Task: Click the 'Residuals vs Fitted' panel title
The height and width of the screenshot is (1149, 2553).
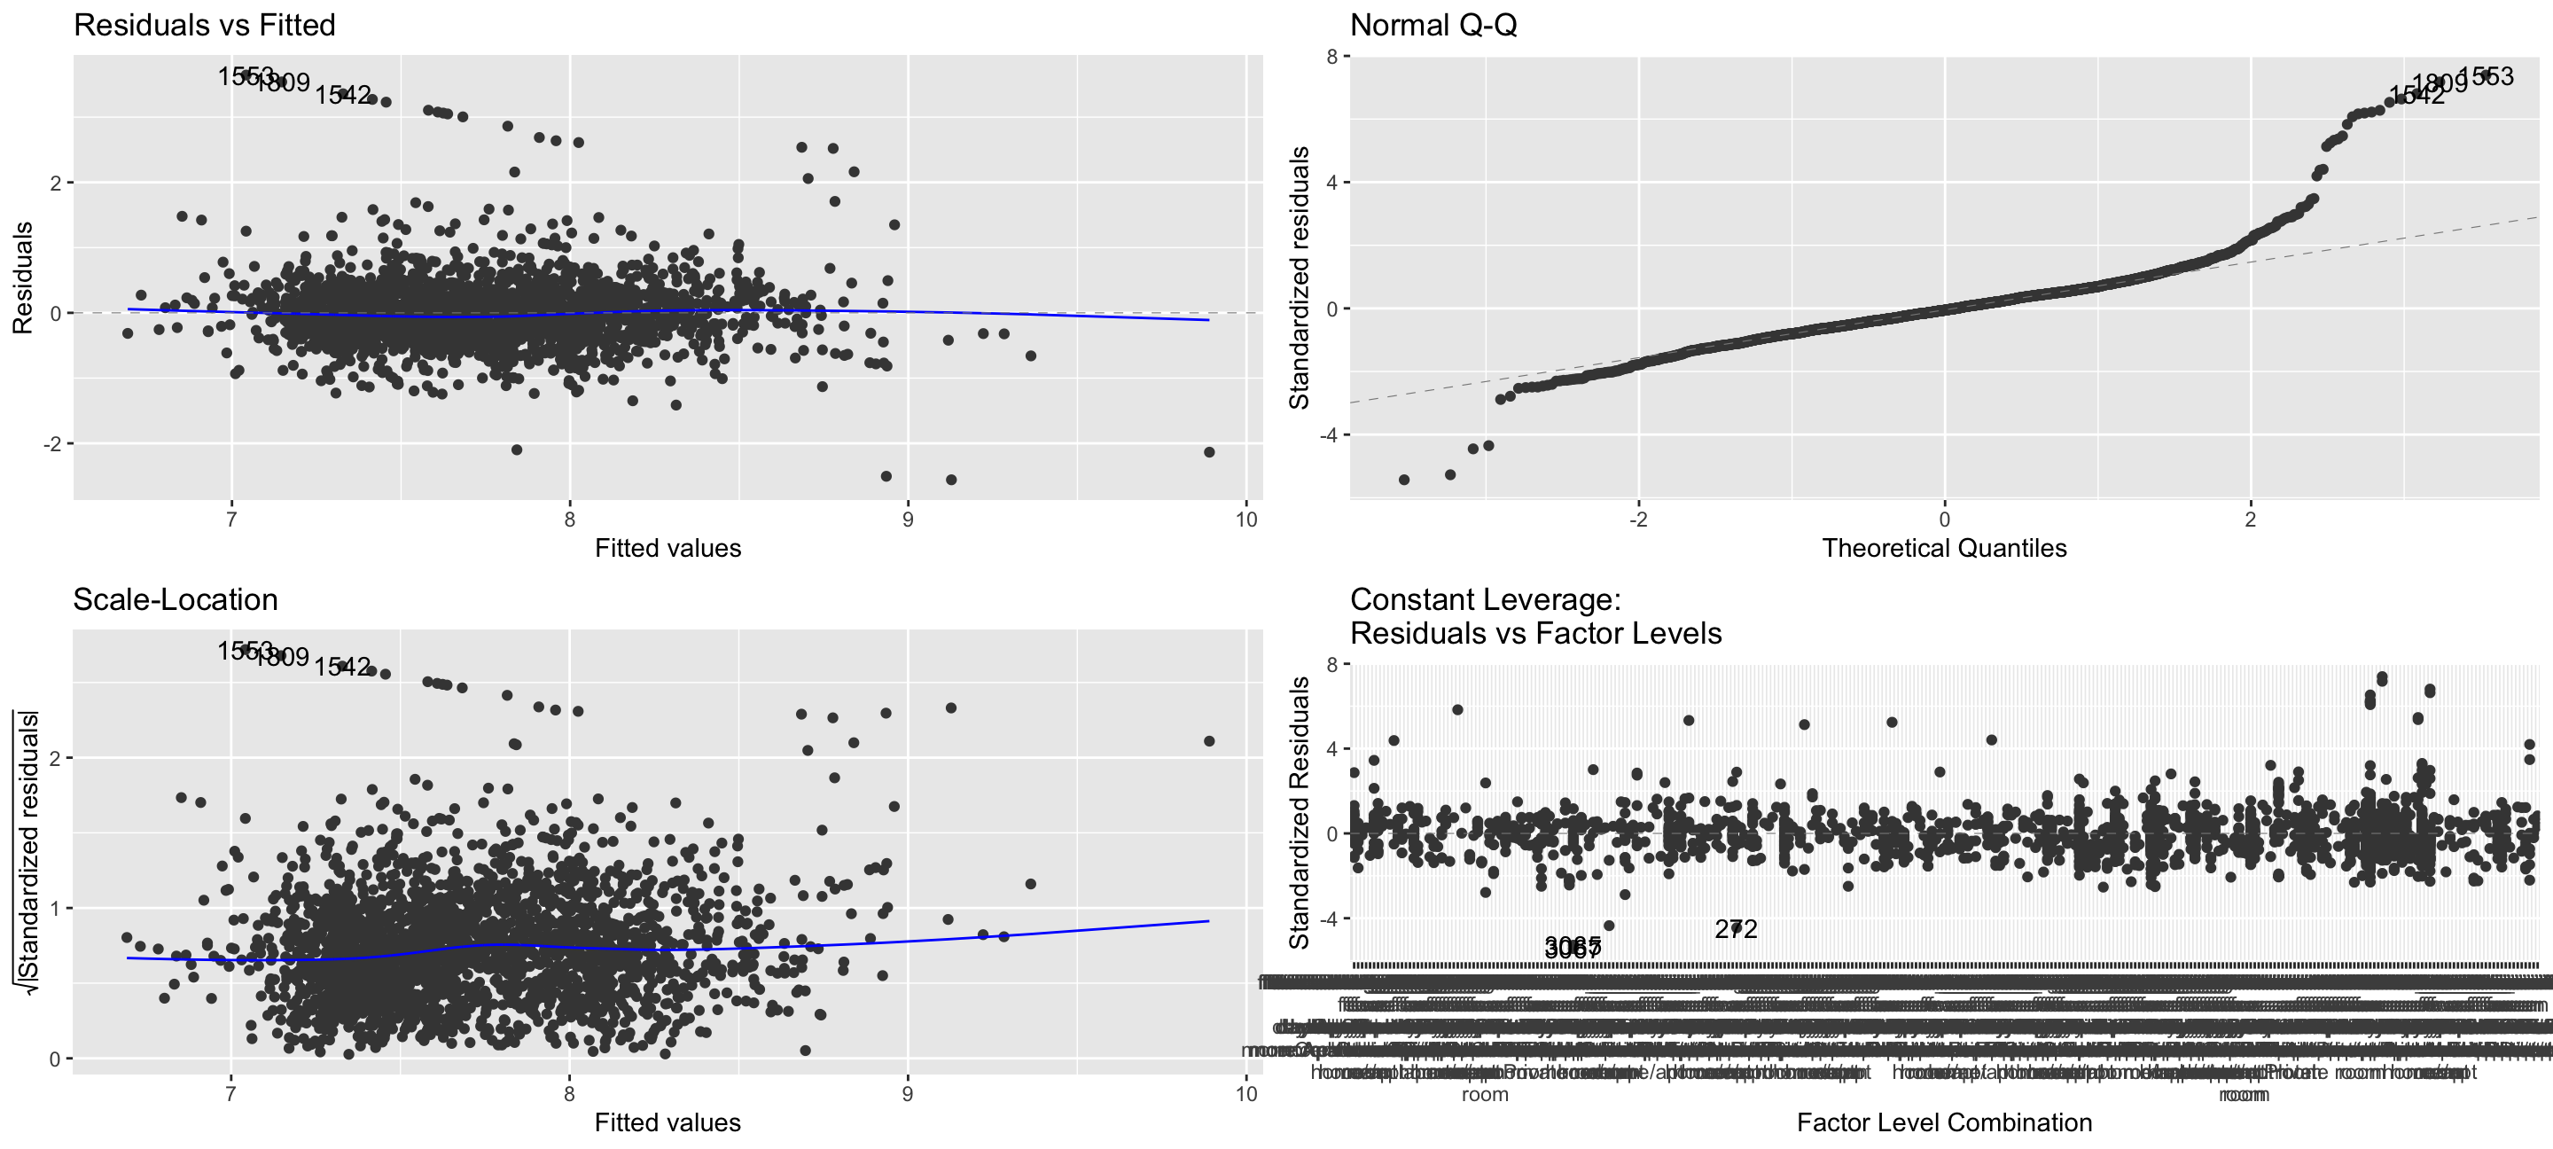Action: point(204,25)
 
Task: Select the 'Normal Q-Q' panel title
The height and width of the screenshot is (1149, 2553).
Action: point(1433,25)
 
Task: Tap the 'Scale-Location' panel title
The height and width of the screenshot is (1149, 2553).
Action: point(176,600)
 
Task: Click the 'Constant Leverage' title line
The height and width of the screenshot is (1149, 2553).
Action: point(1485,600)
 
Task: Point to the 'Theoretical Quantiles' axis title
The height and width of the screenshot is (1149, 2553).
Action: point(1943,548)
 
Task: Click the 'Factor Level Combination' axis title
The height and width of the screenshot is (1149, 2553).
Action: point(1943,1122)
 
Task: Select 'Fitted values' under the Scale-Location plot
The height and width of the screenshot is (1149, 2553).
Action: point(667,1122)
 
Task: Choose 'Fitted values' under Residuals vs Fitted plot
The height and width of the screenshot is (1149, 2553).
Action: point(667,548)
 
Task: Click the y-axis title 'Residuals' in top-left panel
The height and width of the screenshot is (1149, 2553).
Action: point(23,277)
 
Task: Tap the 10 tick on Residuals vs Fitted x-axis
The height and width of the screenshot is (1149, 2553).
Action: point(1245,520)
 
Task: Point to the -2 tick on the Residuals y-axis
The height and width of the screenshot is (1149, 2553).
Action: point(51,444)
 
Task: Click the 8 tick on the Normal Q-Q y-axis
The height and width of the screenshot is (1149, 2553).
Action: point(1332,57)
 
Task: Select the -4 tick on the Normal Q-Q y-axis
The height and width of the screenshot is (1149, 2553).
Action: point(1328,435)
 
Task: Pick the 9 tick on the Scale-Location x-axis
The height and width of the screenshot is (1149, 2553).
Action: point(907,1093)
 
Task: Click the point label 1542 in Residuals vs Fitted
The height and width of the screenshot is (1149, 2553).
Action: point(343,95)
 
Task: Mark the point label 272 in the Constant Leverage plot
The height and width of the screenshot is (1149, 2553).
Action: point(1736,929)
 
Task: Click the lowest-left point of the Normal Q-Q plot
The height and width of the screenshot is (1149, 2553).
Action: point(1403,480)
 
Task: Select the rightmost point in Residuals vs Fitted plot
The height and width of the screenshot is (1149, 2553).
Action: point(1209,452)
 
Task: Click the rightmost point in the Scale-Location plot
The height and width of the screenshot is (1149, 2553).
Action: point(1209,740)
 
